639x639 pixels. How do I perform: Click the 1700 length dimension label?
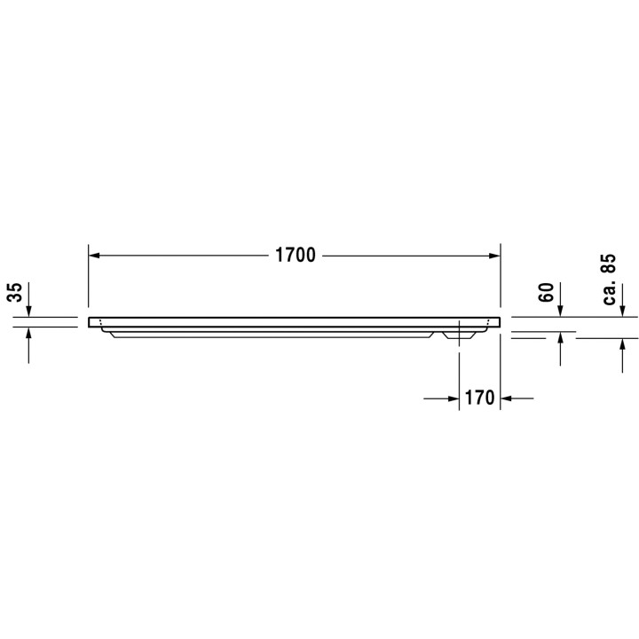point(296,256)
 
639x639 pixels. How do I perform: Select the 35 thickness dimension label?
point(16,293)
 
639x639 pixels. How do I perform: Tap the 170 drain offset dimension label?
point(479,398)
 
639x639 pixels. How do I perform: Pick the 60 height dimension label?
point(548,291)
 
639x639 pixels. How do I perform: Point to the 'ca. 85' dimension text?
point(609,280)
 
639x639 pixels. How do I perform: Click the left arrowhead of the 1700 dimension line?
point(94,256)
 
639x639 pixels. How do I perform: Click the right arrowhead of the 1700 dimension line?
point(494,256)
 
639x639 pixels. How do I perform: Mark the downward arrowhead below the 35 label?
point(29,311)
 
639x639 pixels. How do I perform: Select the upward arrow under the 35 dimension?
point(29,334)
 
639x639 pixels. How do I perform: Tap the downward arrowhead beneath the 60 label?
point(561,311)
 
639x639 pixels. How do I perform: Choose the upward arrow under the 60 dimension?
point(561,340)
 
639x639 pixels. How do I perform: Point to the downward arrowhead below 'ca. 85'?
point(621,311)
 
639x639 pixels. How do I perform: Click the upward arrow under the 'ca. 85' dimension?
point(621,345)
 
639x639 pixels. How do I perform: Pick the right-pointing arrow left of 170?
point(453,398)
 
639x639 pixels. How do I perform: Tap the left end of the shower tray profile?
point(91,321)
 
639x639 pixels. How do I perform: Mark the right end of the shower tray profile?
point(499,321)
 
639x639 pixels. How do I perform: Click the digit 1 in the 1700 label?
point(278,256)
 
